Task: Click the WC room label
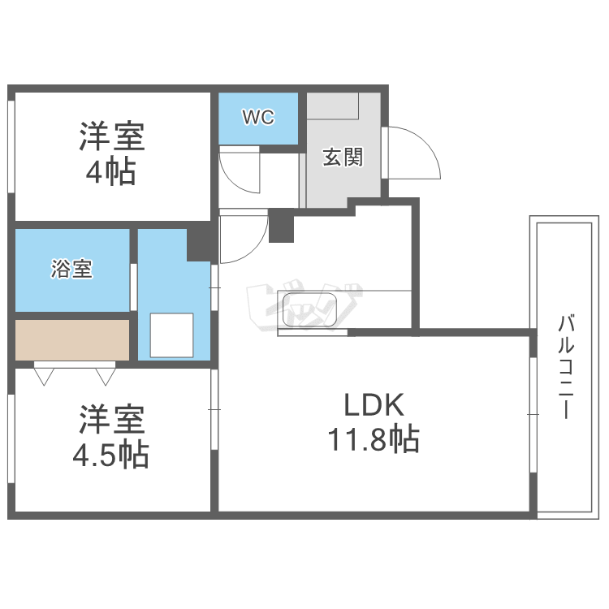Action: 258,118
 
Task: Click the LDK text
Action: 373,404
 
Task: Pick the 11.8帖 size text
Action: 373,440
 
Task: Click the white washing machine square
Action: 171,335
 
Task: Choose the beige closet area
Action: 72,339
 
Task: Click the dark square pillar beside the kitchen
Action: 281,225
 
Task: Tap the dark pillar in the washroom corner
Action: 200,244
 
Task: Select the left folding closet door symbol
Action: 45,375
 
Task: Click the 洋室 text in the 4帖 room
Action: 112,136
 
